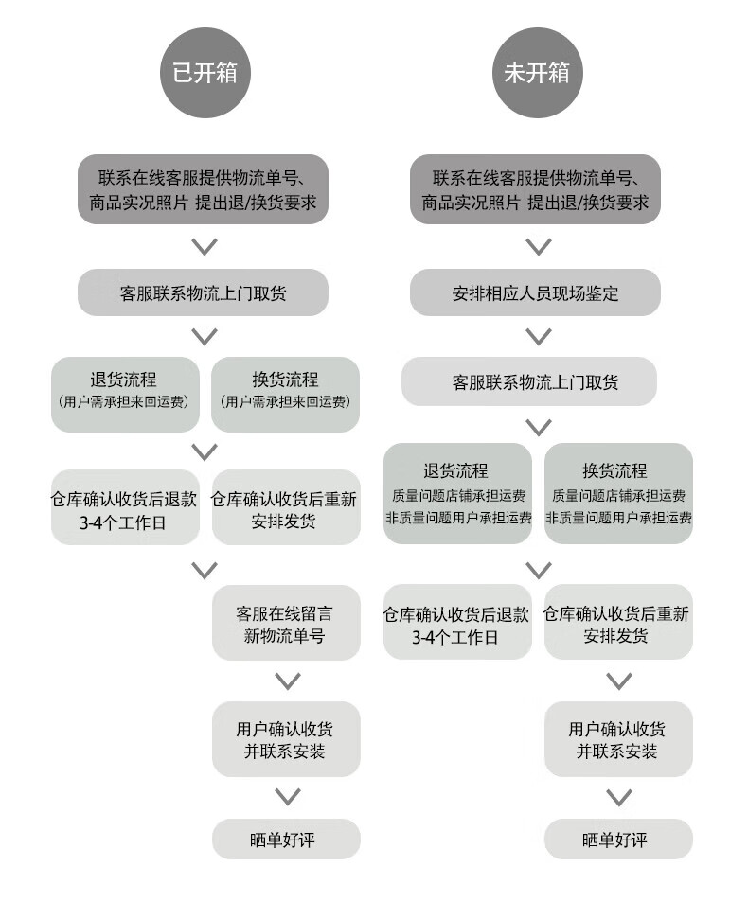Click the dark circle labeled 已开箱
(x=205, y=73)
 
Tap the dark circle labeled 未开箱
(x=537, y=73)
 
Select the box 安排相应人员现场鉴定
(x=535, y=292)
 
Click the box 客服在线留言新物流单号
(x=285, y=623)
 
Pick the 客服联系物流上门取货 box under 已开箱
(x=203, y=292)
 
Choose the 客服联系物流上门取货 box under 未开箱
(x=529, y=381)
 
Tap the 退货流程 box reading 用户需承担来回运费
(x=125, y=393)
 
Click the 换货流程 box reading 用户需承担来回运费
(x=285, y=393)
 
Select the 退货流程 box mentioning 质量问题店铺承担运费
(x=457, y=493)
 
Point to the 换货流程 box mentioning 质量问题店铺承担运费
(x=618, y=493)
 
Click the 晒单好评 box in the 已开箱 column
(x=285, y=839)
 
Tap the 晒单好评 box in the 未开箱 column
(x=618, y=839)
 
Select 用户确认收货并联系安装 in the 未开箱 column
(x=618, y=739)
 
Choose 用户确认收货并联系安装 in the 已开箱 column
(x=285, y=739)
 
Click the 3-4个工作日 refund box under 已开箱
(x=125, y=509)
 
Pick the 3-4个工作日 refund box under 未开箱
(x=457, y=623)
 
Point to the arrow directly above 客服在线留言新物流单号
(x=205, y=570)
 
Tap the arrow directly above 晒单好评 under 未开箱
(x=619, y=797)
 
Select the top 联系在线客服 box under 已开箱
(x=203, y=188)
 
